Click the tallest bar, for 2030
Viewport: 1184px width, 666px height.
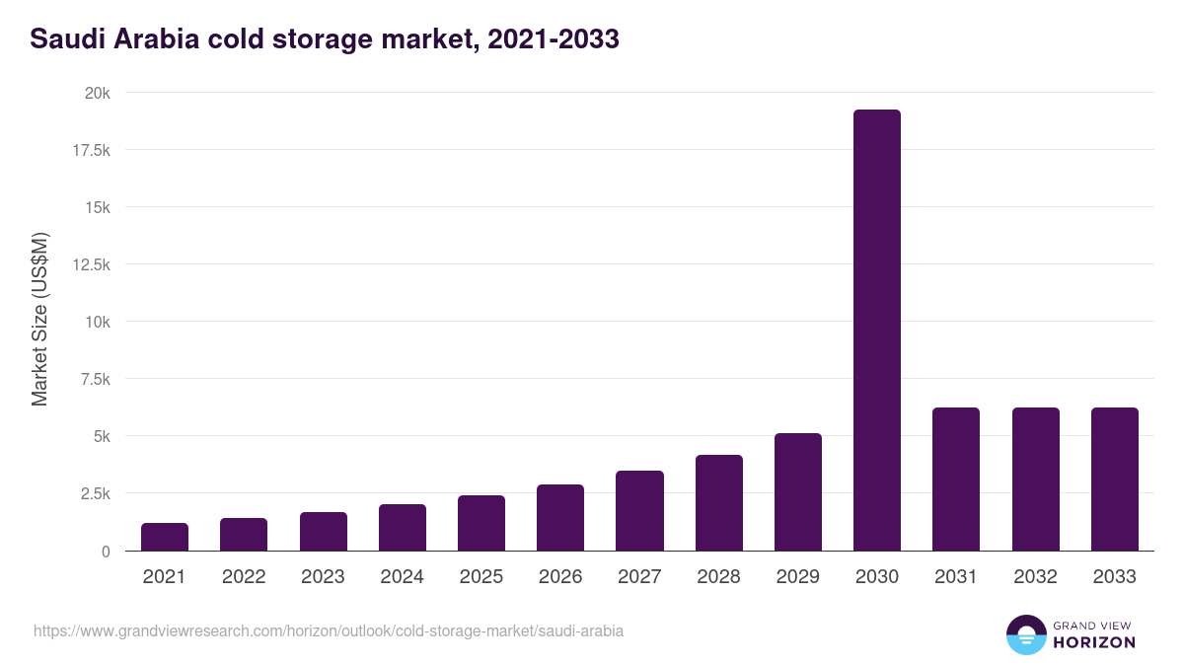point(876,330)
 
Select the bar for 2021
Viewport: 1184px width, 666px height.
point(165,537)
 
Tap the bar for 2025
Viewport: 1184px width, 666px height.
point(481,523)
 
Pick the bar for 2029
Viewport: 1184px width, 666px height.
point(797,491)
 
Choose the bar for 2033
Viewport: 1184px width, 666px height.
point(1114,479)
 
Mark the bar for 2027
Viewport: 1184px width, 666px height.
point(639,510)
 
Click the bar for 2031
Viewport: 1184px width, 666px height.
point(955,479)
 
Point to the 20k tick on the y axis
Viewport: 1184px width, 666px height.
point(97,94)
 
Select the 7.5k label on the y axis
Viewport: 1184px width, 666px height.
point(95,380)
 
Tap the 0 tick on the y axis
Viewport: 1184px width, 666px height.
point(106,552)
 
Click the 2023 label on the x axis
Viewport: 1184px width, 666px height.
point(323,577)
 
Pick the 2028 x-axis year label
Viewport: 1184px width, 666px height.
point(718,577)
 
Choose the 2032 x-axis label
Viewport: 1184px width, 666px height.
point(1035,577)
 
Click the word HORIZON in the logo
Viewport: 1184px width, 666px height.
point(1094,642)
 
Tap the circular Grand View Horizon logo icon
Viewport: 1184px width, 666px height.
point(1025,634)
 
